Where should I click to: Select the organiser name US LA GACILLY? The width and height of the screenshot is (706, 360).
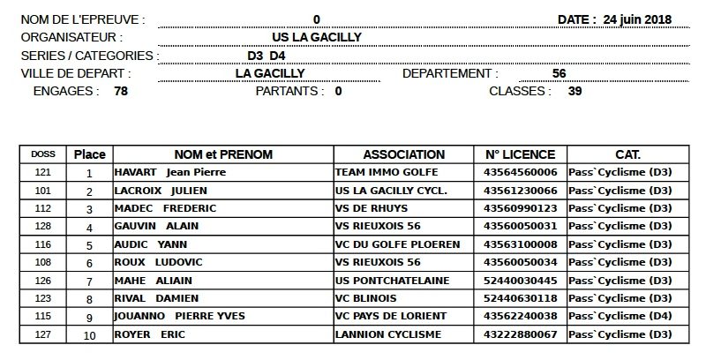point(318,37)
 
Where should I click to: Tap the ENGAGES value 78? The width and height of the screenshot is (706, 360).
point(122,91)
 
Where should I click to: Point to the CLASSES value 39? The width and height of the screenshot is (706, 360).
point(575,91)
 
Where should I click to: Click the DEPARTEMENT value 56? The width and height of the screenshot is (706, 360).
point(559,73)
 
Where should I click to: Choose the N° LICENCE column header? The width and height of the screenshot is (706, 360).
point(520,154)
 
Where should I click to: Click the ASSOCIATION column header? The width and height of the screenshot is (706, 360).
point(403,154)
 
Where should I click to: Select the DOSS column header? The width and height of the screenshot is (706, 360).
point(42,154)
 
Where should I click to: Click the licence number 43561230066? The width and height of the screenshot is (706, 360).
point(520,191)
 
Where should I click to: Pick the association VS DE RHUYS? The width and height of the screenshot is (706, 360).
point(372,208)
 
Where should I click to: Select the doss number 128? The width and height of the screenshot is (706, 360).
point(42,226)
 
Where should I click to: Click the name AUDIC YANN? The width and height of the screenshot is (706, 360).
point(152,244)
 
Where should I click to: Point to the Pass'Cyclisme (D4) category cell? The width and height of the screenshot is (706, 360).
point(620,316)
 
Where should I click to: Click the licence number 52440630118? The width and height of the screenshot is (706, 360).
point(520,298)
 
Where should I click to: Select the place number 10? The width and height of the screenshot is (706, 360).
point(89,335)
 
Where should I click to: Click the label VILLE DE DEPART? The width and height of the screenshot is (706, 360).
point(76,73)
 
